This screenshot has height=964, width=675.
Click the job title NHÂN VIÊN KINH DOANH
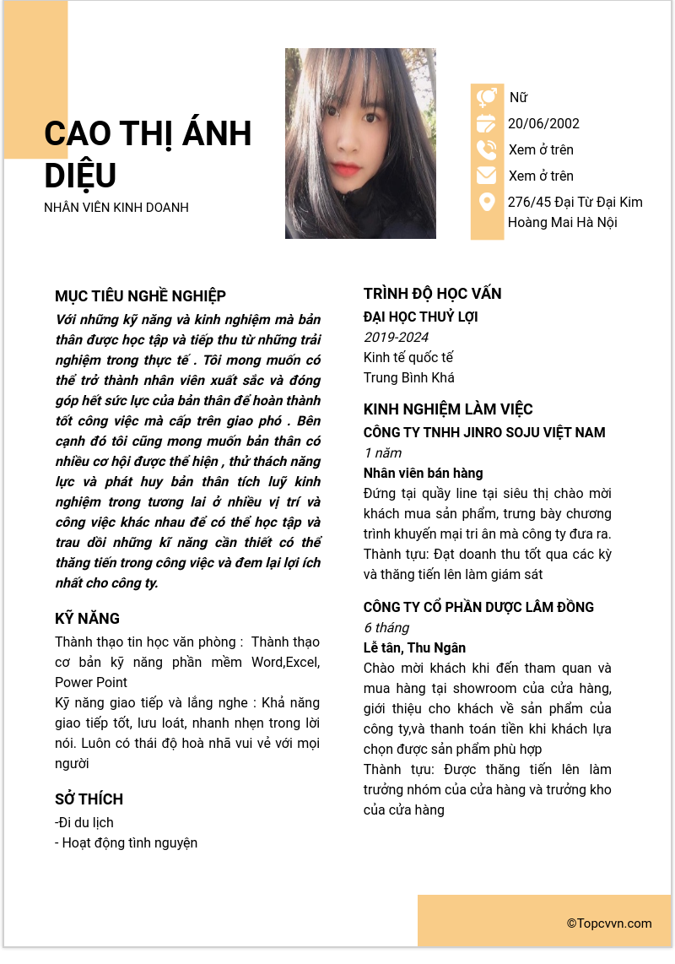(x=116, y=208)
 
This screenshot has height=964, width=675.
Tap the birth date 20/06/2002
(x=543, y=124)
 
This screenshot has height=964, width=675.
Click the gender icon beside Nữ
(x=487, y=98)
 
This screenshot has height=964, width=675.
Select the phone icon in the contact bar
(x=487, y=150)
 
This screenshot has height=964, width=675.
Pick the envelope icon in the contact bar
(x=487, y=176)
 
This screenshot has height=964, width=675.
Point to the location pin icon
(x=487, y=203)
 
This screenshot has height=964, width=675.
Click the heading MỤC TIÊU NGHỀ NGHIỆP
(x=140, y=296)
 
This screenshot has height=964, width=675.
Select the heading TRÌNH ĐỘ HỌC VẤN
(x=432, y=294)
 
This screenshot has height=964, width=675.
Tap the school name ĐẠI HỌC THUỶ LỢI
(x=420, y=317)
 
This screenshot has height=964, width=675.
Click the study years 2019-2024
(x=396, y=338)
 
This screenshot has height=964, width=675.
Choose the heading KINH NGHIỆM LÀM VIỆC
(x=448, y=409)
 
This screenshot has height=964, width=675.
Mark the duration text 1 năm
(x=382, y=453)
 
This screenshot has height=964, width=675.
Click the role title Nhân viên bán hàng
(x=423, y=474)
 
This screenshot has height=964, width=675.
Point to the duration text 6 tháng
(x=386, y=628)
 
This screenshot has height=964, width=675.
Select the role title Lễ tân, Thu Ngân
(x=414, y=648)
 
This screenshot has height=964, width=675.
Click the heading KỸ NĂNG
(x=87, y=619)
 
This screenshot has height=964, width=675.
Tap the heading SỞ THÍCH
(x=89, y=799)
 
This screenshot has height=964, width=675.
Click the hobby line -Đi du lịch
(x=84, y=823)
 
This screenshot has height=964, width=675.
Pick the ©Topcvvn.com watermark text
(x=609, y=923)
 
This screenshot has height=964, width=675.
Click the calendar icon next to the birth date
(x=487, y=124)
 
